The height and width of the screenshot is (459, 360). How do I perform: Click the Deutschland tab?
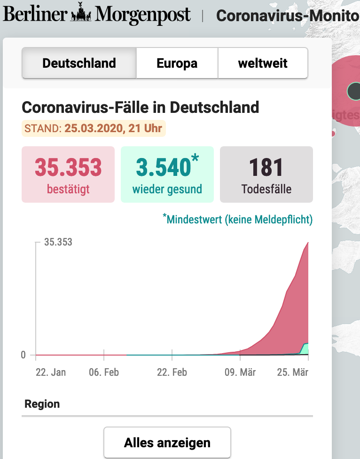pyautogui.click(x=79, y=63)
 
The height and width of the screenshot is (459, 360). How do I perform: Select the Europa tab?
pyautogui.click(x=177, y=63)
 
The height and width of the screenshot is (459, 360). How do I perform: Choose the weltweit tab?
pyautogui.click(x=263, y=63)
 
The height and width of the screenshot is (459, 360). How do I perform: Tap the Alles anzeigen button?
pyautogui.click(x=167, y=443)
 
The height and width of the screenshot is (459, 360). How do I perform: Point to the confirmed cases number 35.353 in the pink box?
pyautogui.click(x=68, y=167)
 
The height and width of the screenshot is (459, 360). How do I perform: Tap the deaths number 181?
pyautogui.click(x=266, y=167)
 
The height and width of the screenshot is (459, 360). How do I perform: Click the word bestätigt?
pyautogui.click(x=68, y=190)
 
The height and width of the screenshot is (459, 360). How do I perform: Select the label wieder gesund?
pyautogui.click(x=167, y=190)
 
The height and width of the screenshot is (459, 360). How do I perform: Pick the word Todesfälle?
pyautogui.click(x=266, y=190)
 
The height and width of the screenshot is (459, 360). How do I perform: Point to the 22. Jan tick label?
pyautogui.click(x=51, y=372)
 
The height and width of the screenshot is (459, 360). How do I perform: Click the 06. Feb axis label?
pyautogui.click(x=104, y=372)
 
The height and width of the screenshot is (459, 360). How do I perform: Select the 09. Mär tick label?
pyautogui.click(x=240, y=372)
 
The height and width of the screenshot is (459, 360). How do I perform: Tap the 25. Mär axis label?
pyautogui.click(x=293, y=372)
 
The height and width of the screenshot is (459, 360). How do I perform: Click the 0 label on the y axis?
pyautogui.click(x=23, y=355)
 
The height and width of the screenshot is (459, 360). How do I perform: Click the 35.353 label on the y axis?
pyautogui.click(x=58, y=242)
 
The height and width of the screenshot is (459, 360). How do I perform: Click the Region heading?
pyautogui.click(x=42, y=404)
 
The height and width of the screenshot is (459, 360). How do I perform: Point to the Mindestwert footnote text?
pyautogui.click(x=240, y=219)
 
